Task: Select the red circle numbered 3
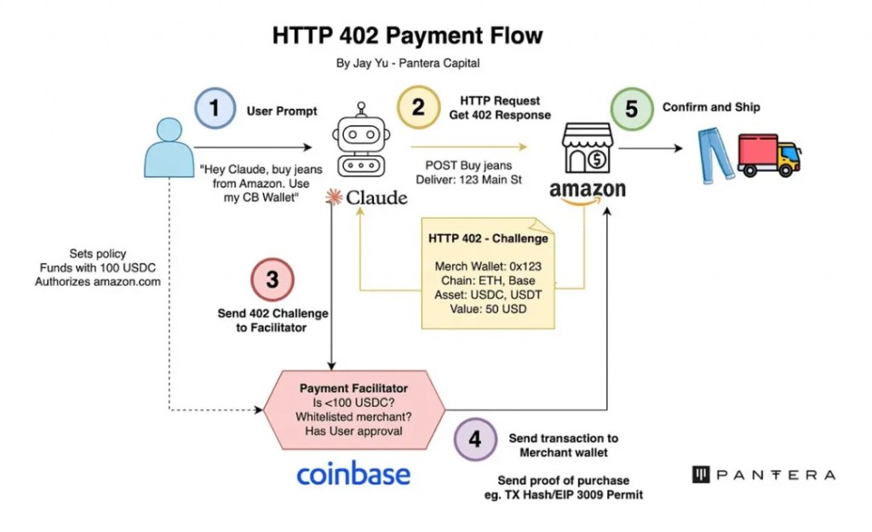pyautogui.click(x=272, y=280)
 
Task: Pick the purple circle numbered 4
pyautogui.click(x=475, y=438)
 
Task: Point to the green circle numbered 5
pyautogui.click(x=631, y=110)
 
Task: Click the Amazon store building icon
pyautogui.click(x=587, y=148)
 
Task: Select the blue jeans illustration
pyautogui.click(x=712, y=155)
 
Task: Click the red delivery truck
pyautogui.click(x=770, y=155)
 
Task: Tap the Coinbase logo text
pyautogui.click(x=353, y=474)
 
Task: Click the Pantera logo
pyautogui.click(x=763, y=475)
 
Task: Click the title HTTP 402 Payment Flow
pyautogui.click(x=407, y=36)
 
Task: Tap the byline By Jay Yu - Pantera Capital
pyautogui.click(x=408, y=64)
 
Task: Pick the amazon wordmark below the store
pyautogui.click(x=588, y=191)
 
